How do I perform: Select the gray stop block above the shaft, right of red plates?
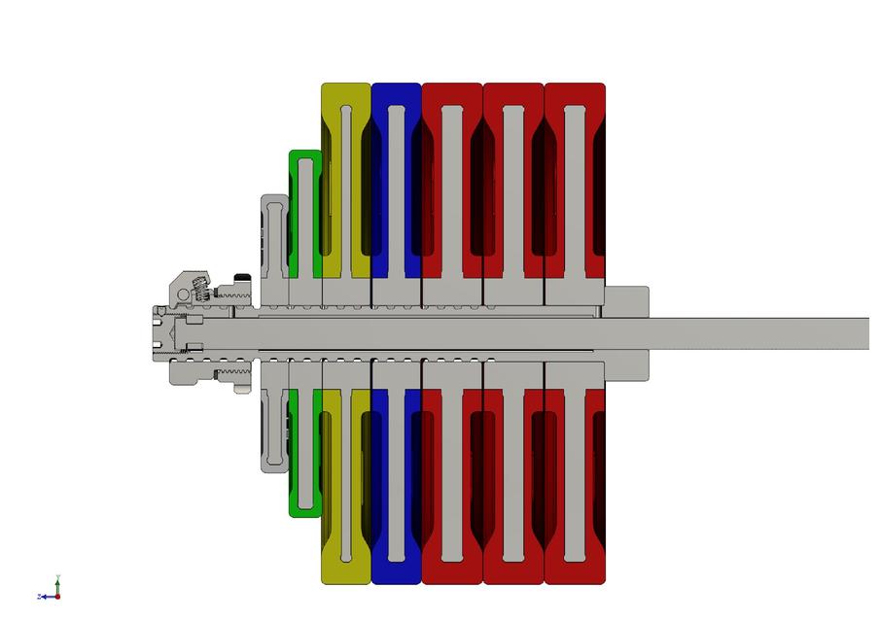point(627,301)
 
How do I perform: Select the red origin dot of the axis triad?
point(57,596)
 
